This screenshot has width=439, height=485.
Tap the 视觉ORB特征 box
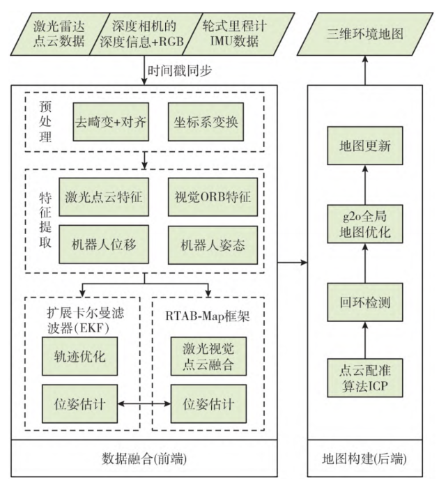[x=208, y=197]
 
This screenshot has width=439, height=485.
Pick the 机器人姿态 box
[x=208, y=245]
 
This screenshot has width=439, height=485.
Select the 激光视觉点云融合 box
[x=208, y=356]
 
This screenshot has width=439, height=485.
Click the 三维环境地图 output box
[x=367, y=33]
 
